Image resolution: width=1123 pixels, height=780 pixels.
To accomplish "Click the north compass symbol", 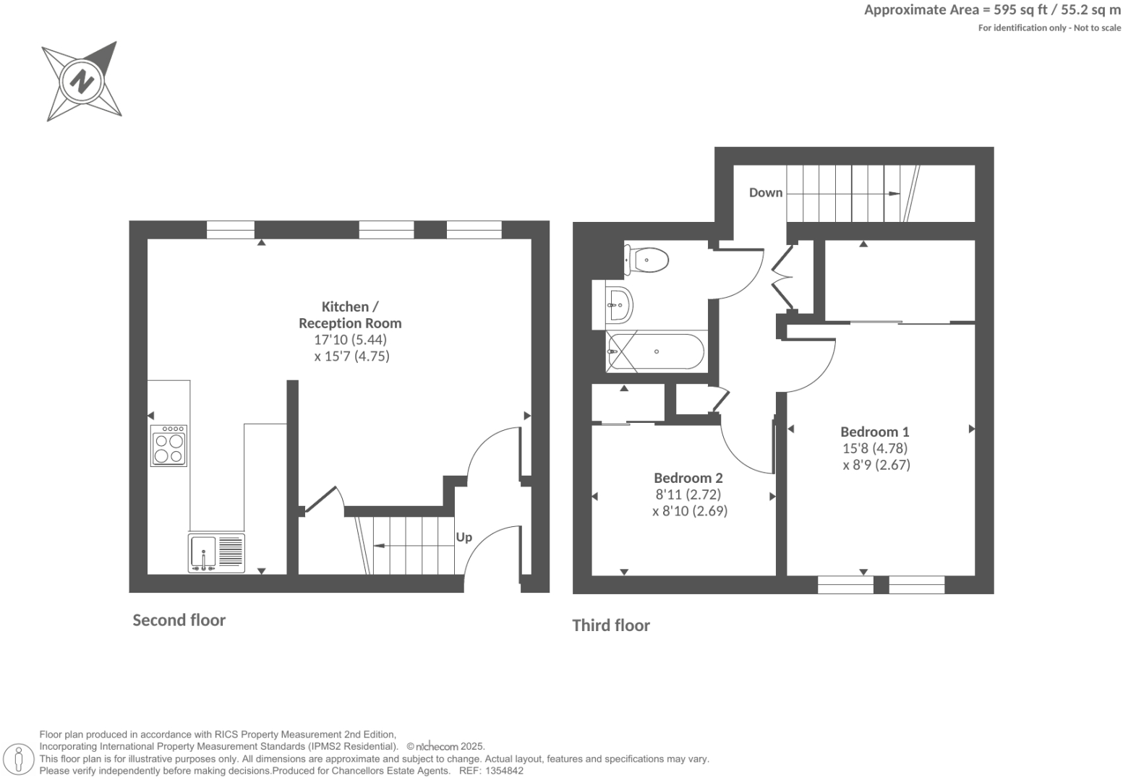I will (81, 80).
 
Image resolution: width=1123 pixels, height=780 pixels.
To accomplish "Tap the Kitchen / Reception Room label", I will (350, 314).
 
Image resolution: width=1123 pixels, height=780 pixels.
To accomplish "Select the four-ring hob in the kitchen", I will (168, 445).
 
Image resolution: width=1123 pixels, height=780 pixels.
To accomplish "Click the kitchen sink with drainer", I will (216, 553).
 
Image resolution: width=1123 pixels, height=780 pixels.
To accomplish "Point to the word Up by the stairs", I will (464, 537).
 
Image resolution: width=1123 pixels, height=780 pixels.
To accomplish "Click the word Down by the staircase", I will (766, 192).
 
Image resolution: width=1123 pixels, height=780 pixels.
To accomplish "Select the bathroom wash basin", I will (619, 304).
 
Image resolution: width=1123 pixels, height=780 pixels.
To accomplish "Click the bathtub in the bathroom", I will (654, 352).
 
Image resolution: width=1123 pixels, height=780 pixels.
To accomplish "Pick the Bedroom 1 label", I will (875, 432).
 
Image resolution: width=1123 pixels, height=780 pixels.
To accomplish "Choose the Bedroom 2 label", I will (688, 478).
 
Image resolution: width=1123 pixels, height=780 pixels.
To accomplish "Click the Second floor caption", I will (179, 620).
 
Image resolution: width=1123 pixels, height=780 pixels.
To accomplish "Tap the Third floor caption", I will (611, 625).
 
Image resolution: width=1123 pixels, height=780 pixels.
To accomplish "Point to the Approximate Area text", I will (992, 10).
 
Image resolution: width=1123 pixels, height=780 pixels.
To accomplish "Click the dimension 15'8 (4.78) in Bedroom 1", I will (875, 448).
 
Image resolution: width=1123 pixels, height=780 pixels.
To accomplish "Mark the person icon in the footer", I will (20, 760).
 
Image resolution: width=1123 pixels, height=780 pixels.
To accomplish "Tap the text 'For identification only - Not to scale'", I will (1049, 28).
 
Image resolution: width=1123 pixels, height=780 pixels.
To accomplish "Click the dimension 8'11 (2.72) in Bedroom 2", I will (688, 494).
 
